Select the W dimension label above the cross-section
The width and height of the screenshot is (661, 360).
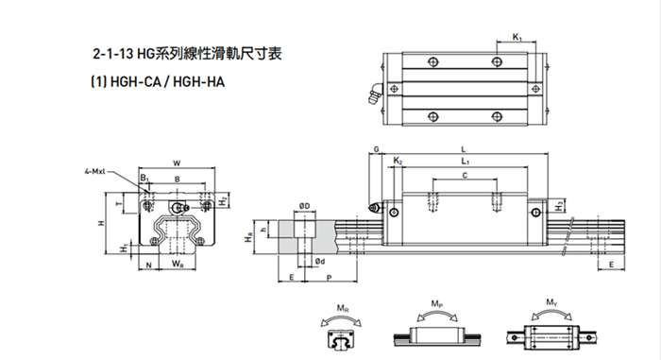176,163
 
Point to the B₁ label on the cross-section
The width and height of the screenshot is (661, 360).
144,178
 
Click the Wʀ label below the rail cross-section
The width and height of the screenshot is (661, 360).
177,266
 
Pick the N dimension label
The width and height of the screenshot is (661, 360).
149,266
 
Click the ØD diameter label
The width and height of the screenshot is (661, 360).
304,205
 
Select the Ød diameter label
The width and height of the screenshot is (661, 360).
320,262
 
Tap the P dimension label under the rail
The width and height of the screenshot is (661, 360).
328,280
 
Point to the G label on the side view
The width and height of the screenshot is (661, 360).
377,149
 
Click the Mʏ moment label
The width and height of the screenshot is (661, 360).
551,304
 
